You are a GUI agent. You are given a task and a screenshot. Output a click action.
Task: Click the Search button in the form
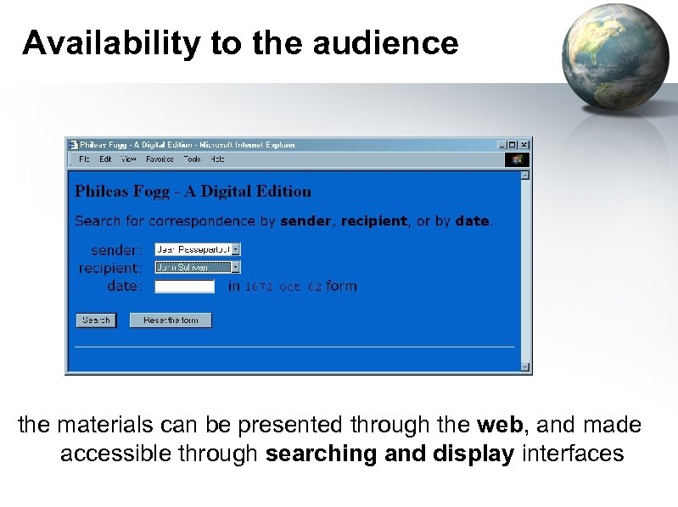click(x=96, y=320)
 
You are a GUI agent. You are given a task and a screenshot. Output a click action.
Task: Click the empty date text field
click(x=184, y=287)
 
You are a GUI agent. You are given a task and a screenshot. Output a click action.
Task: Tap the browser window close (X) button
click(x=524, y=145)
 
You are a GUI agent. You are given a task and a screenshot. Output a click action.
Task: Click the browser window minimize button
click(x=502, y=145)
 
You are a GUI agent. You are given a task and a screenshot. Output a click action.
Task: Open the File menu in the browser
click(x=84, y=159)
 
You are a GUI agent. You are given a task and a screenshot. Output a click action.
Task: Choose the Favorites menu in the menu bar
click(x=159, y=159)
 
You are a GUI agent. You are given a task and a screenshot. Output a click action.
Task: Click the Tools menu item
click(x=192, y=159)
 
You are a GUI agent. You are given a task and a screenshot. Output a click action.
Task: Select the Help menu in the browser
click(x=217, y=159)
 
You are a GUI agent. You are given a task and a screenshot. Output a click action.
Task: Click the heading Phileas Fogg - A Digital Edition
click(x=193, y=192)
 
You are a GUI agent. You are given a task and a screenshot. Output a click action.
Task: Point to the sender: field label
click(x=116, y=250)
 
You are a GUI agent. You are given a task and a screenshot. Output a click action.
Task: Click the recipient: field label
click(x=110, y=268)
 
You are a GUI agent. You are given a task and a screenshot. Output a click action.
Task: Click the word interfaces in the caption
click(x=573, y=454)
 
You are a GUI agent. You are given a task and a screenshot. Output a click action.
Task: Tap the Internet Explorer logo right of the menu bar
click(x=517, y=159)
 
